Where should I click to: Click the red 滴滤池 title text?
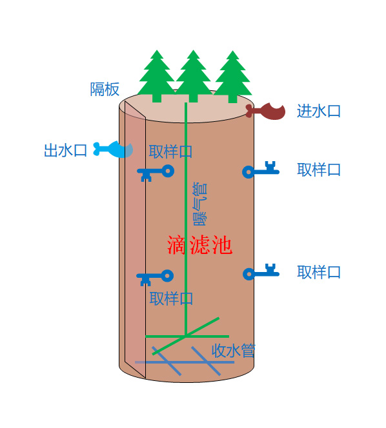pyautogui.click(x=200, y=245)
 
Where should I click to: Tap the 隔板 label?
pyautogui.click(x=105, y=89)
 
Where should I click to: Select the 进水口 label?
pyautogui.click(x=319, y=111)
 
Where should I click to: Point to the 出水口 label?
pyautogui.click(x=66, y=150)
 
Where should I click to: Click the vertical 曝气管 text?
pyautogui.click(x=200, y=204)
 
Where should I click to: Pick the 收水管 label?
pyautogui.click(x=234, y=351)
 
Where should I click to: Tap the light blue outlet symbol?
pyautogui.click(x=113, y=150)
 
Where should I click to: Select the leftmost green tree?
pyautogui.click(x=157, y=76)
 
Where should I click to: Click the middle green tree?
pyautogui.click(x=194, y=76)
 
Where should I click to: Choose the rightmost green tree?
pyautogui.click(x=232, y=77)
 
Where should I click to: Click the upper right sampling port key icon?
pyautogui.click(x=261, y=170)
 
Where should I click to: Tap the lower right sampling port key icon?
pyautogui.click(x=261, y=272)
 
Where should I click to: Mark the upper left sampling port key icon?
pyautogui.click(x=156, y=173)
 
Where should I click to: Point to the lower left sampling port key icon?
pyautogui.click(x=155, y=278)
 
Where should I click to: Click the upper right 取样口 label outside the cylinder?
pyautogui.click(x=319, y=170)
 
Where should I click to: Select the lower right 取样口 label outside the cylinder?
pyautogui.click(x=319, y=272)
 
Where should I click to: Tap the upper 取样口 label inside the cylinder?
pyautogui.click(x=170, y=151)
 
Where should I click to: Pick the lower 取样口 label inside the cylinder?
pyautogui.click(x=172, y=298)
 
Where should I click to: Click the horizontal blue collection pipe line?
pyautogui.click(x=185, y=362)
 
